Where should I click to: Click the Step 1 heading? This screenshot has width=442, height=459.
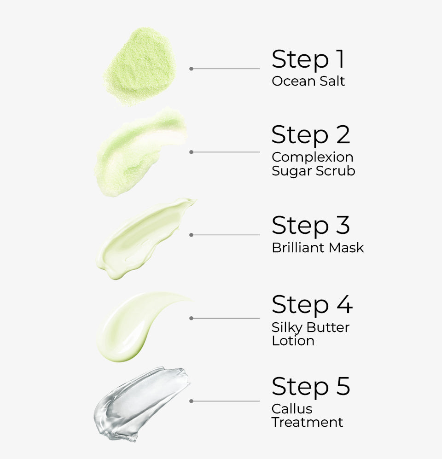(x=308, y=59)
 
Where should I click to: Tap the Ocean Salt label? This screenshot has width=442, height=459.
(x=308, y=81)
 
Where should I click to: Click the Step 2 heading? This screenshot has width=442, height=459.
(x=311, y=135)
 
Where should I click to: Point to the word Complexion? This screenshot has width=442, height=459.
(x=312, y=157)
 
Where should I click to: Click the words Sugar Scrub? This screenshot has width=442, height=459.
(x=313, y=171)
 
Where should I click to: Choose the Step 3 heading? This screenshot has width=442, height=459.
(x=311, y=226)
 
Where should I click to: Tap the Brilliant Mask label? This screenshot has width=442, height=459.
(x=318, y=248)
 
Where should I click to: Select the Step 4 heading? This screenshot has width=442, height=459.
(x=312, y=305)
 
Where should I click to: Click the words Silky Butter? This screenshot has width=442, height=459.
(x=310, y=327)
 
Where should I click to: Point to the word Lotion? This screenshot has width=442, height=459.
(x=293, y=341)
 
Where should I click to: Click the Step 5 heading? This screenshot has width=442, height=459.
(x=311, y=387)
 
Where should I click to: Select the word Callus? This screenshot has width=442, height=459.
(x=292, y=408)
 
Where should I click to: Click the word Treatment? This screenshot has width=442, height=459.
(x=307, y=422)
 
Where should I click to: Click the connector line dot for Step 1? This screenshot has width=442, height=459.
(x=191, y=69)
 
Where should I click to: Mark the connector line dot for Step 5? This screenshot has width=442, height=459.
(x=191, y=401)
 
